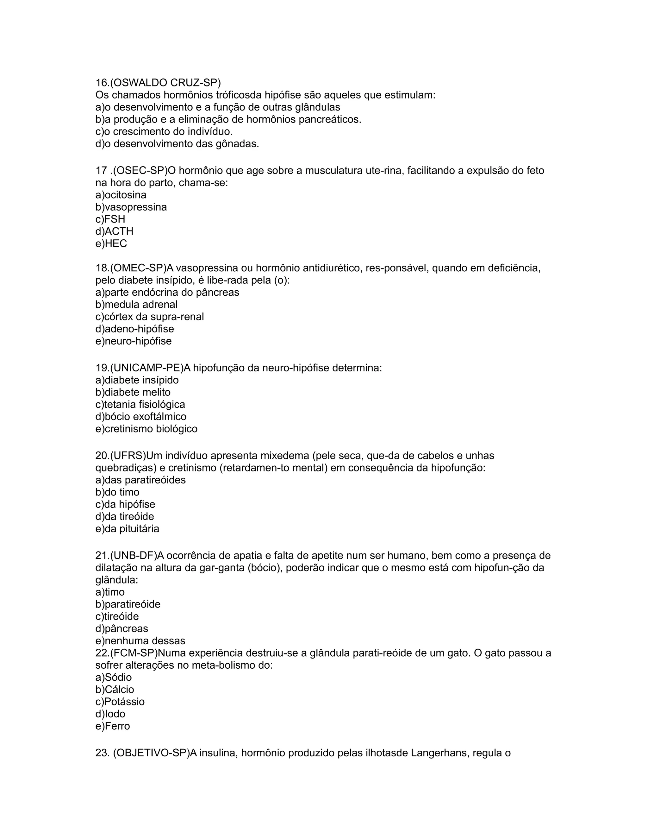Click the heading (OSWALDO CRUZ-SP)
pos(158,83)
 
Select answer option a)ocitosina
pos(121,195)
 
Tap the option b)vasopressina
pos(131,207)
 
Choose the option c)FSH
pos(110,219)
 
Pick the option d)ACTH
pos(115,232)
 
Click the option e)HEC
pos(111,244)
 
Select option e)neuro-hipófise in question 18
pos(134,341)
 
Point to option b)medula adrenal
pos(137,305)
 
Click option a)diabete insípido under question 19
pos(137,380)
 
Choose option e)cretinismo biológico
pos(146,429)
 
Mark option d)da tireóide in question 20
pos(125,517)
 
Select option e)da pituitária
pos(128,529)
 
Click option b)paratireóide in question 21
pos(128,604)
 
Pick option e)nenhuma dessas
pos(140,641)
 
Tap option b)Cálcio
pos(115,690)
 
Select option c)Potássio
pos(120,702)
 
